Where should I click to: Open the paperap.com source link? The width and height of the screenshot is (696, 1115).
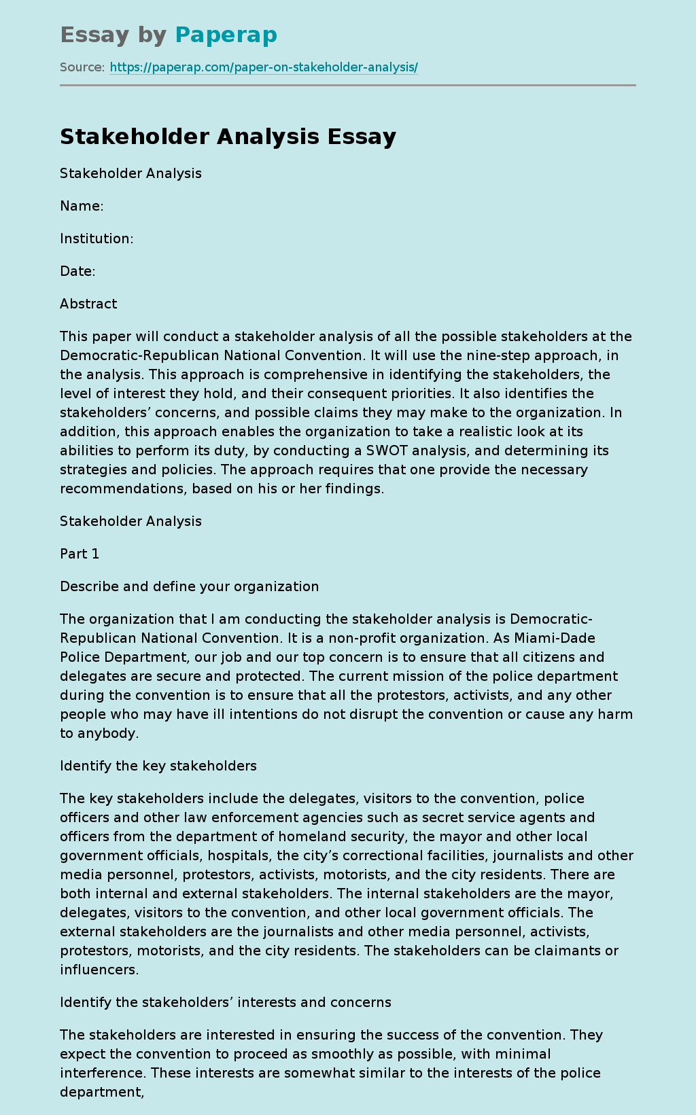[263, 67]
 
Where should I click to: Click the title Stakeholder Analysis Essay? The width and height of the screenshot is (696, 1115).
[228, 137]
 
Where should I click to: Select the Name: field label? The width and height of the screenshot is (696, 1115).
[82, 206]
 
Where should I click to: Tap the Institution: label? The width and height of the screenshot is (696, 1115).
[97, 238]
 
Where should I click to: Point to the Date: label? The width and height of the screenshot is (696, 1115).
[77, 271]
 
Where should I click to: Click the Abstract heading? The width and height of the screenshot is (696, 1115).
[88, 304]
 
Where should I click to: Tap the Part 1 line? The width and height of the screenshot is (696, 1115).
[80, 554]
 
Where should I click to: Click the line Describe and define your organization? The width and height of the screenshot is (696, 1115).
[189, 586]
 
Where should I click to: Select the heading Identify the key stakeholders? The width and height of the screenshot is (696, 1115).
[158, 766]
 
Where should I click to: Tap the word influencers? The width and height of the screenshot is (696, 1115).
[99, 970]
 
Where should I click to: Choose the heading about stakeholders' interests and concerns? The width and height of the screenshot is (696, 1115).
[226, 1002]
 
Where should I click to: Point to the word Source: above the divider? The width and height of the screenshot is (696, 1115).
[82, 67]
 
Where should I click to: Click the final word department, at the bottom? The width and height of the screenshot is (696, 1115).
[102, 1092]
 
